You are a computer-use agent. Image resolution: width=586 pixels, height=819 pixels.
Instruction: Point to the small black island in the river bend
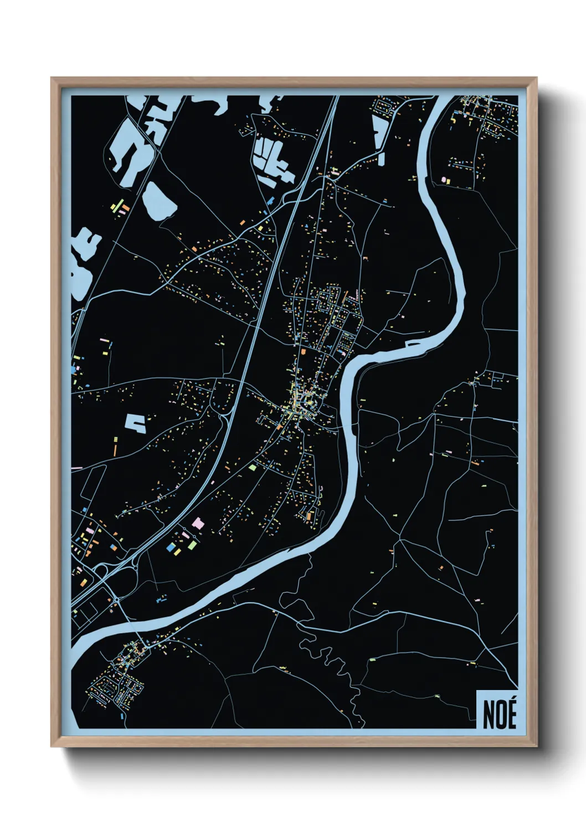click(x=413, y=344)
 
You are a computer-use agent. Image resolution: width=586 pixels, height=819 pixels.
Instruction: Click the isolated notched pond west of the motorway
click(x=136, y=423)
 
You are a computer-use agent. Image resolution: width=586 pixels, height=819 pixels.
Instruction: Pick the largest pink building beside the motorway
click(x=198, y=523)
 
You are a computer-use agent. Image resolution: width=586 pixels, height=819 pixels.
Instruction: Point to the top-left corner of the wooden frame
click(x=53, y=79)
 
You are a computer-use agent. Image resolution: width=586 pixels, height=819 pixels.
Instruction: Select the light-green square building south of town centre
click(x=253, y=468)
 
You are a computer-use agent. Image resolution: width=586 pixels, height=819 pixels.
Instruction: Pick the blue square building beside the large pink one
click(x=170, y=547)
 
